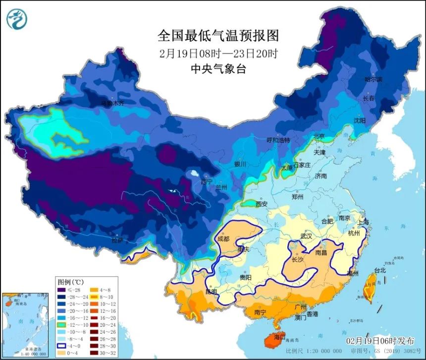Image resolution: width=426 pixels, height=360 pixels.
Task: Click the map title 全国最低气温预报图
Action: (218, 36)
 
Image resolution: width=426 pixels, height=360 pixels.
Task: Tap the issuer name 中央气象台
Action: (218, 69)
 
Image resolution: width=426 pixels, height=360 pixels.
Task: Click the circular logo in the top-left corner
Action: (17, 19)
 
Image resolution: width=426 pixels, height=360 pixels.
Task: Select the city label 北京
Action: (319, 136)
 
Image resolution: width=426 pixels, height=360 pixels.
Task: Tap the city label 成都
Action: (223, 239)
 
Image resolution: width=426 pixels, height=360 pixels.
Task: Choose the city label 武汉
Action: (307, 236)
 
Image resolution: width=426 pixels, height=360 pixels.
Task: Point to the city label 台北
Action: (380, 271)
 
